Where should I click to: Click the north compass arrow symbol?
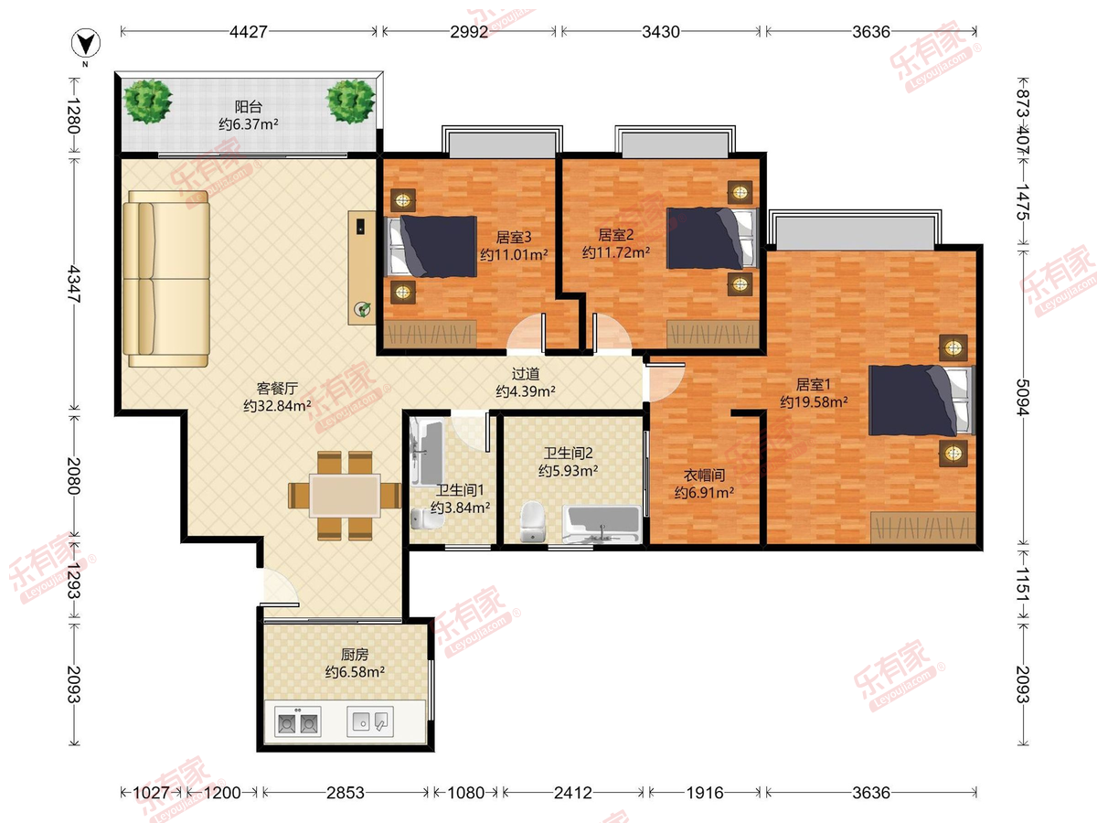[85, 43]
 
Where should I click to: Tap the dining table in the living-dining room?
[345, 496]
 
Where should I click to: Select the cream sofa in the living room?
[166, 279]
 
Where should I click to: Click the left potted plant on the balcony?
[148, 102]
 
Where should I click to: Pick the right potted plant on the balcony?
[350, 102]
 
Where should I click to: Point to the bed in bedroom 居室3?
[432, 246]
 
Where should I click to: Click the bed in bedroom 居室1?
[921, 400]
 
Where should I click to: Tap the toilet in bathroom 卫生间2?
[532, 521]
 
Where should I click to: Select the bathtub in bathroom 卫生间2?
[602, 524]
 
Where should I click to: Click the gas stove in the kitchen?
[298, 721]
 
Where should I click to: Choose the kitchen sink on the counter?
[370, 721]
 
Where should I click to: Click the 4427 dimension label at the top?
[249, 32]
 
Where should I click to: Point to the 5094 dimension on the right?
[1023, 397]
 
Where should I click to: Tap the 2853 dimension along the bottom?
[346, 793]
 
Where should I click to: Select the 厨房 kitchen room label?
[355, 654]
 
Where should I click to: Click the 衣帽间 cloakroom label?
[704, 476]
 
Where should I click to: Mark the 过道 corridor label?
[526, 374]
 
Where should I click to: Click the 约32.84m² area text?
[277, 406]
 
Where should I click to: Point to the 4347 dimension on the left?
[74, 283]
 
